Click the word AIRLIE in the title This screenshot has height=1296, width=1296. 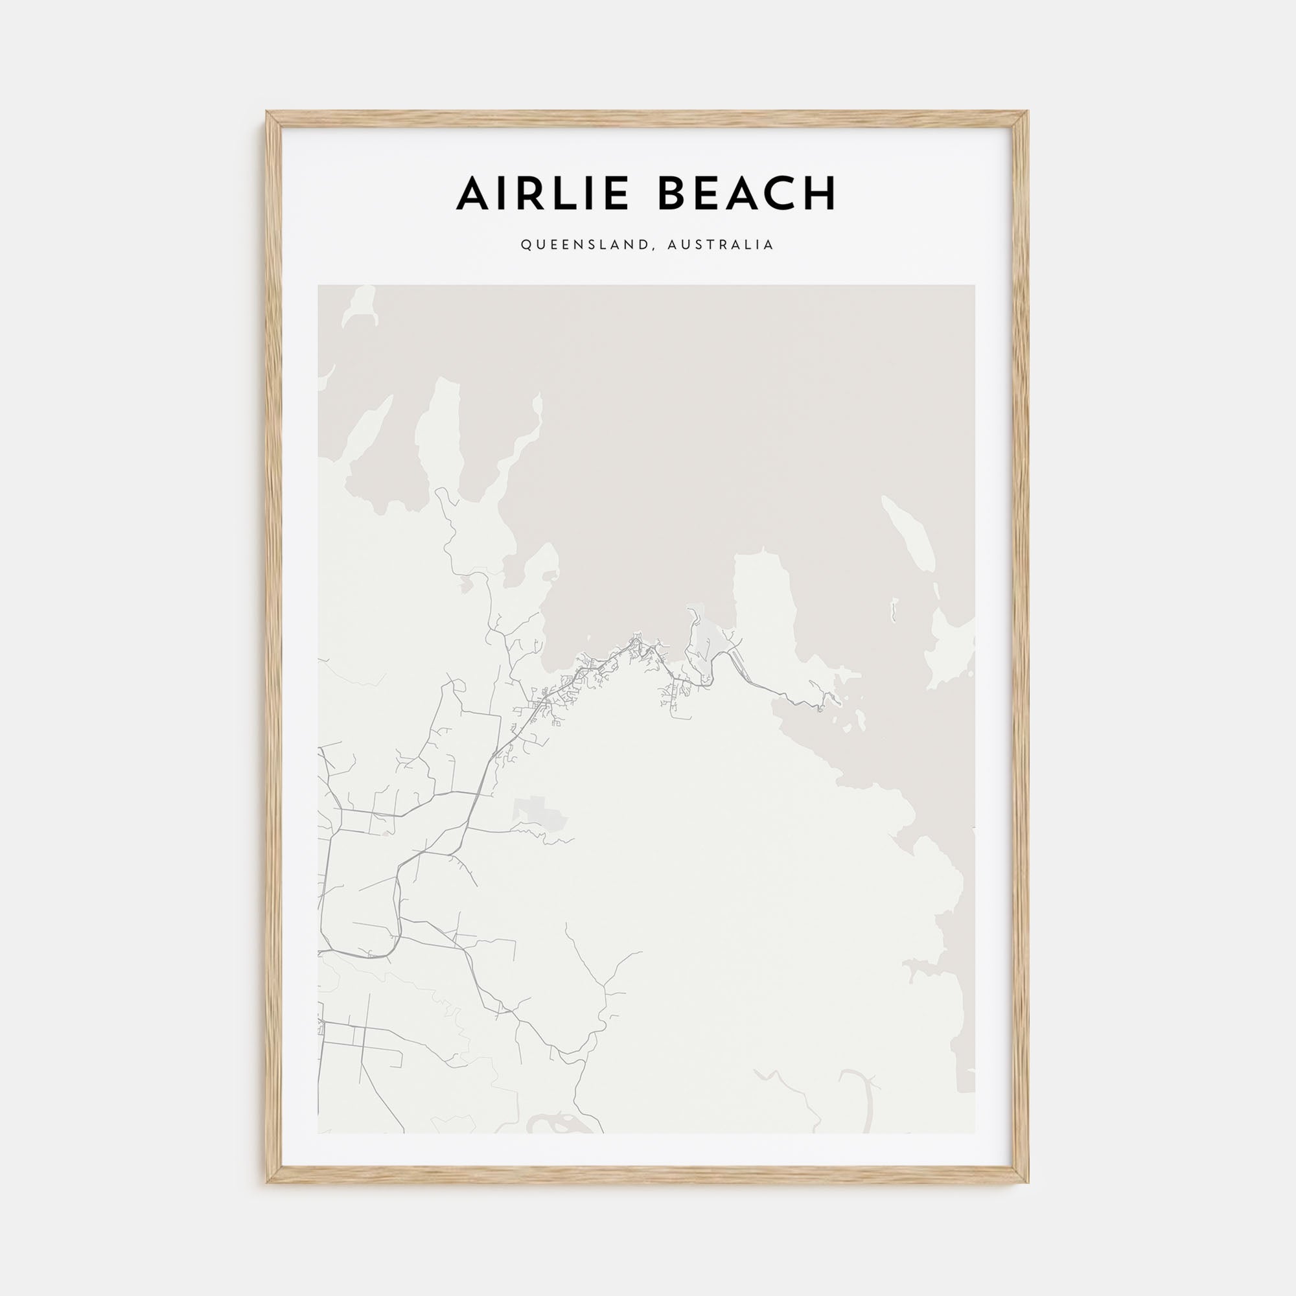(x=542, y=193)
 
